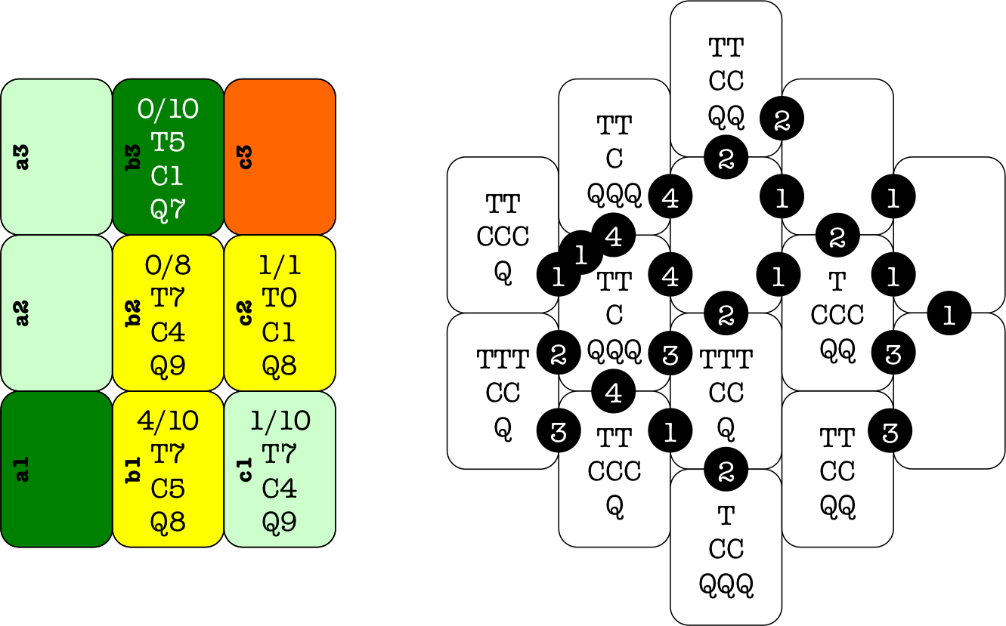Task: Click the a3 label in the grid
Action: coord(23,156)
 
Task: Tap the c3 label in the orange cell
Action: coord(246,156)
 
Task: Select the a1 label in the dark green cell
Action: coord(23,469)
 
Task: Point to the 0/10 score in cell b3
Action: coord(168,109)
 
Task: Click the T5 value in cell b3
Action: coord(168,142)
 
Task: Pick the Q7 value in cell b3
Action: coord(168,209)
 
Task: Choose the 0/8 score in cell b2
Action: coord(168,265)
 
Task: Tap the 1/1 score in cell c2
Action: coord(279,265)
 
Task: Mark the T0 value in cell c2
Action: coord(279,298)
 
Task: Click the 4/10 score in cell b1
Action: coord(168,421)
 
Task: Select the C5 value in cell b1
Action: coord(168,489)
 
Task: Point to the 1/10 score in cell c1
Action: coord(279,421)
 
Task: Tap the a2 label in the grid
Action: coord(23,313)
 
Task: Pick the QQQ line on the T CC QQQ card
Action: coord(726,583)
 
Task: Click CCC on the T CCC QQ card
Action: coord(837,314)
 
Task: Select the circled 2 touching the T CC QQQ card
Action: coord(726,471)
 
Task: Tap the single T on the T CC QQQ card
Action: coord(726,517)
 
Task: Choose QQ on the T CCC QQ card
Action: coord(837,348)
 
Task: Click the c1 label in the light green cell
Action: coord(246,469)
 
